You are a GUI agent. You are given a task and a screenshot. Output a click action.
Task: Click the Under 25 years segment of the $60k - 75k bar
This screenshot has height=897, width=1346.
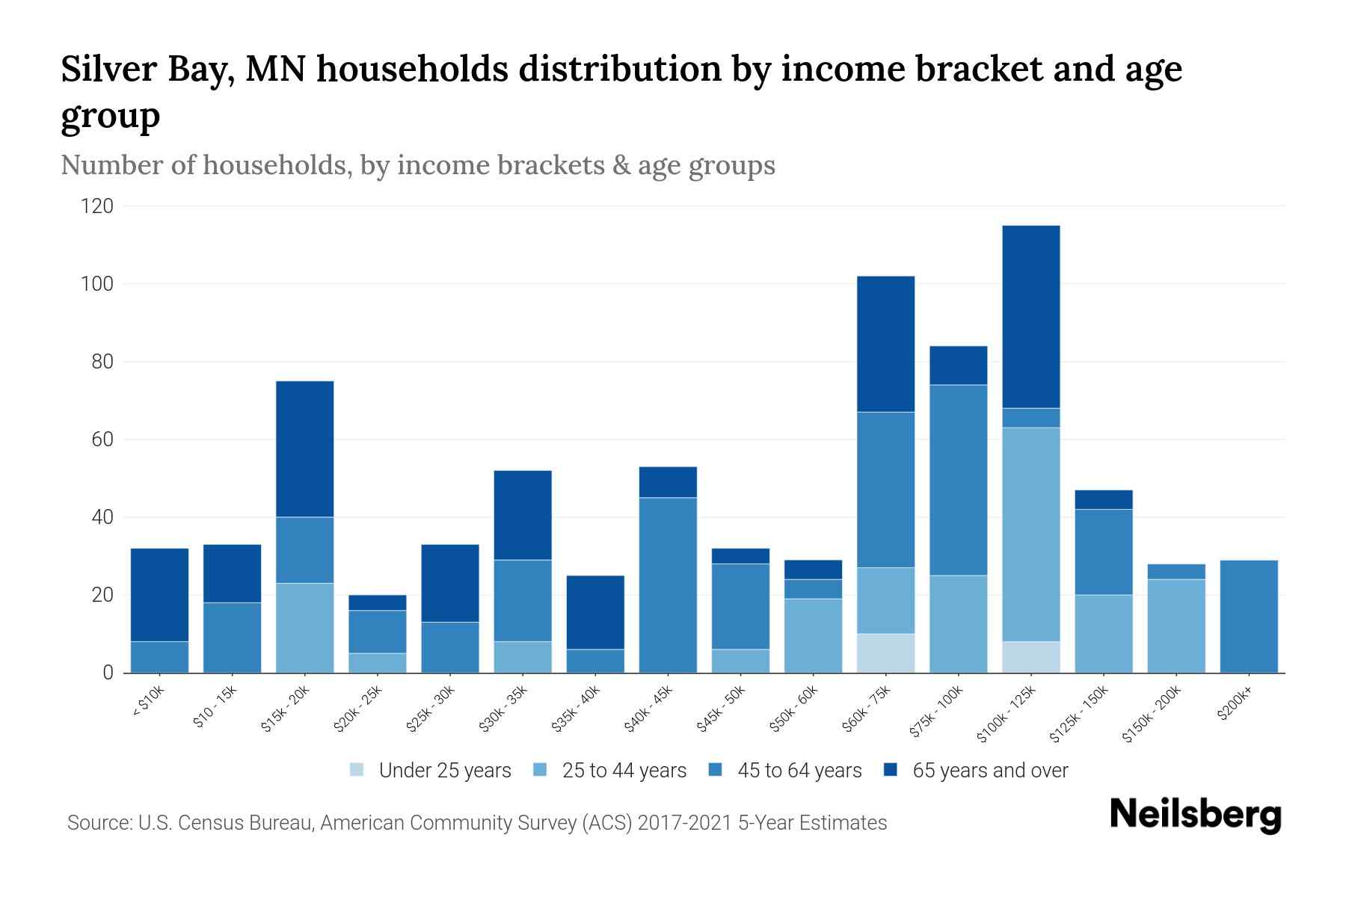[885, 653]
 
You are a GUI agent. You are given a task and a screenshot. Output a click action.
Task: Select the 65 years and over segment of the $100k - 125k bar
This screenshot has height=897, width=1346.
[1030, 317]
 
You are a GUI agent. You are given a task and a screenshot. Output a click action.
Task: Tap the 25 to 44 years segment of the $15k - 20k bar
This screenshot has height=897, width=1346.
[304, 628]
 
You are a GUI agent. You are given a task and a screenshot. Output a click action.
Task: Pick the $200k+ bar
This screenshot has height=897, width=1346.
[1248, 617]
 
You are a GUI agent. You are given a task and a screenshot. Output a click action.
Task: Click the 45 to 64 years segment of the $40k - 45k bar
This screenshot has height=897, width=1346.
[668, 585]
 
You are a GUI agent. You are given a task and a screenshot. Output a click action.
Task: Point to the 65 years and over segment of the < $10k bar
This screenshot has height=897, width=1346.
[159, 595]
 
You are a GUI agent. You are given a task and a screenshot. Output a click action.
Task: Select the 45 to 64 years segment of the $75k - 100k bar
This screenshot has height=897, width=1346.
[958, 480]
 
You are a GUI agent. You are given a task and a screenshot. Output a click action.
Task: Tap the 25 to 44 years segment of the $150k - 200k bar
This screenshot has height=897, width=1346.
[1176, 626]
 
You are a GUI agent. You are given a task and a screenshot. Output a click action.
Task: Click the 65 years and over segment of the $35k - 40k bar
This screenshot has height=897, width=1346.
[595, 612]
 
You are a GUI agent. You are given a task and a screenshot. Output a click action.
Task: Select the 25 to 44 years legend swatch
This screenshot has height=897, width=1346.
[540, 770]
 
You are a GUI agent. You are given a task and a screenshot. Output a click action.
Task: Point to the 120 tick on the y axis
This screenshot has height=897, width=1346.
[97, 206]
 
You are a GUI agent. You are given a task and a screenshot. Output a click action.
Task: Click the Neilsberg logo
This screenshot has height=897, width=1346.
[1195, 815]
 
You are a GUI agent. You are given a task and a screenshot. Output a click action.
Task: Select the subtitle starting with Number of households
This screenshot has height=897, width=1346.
[417, 165]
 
